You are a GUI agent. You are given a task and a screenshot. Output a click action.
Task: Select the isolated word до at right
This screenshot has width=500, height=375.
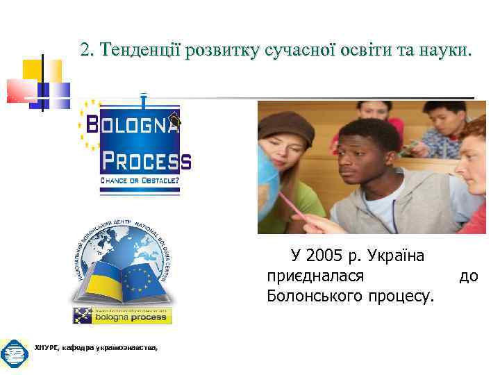pyautogui.click(x=469, y=276)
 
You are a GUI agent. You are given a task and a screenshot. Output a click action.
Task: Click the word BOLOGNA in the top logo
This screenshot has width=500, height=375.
pyautogui.click(x=132, y=126)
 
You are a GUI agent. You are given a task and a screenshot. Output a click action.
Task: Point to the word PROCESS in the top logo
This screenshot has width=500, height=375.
pyautogui.click(x=146, y=162)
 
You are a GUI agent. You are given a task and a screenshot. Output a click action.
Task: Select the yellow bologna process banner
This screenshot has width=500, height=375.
pyautogui.click(x=123, y=316)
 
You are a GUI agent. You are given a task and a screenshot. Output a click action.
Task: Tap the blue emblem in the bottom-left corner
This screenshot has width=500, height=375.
pyautogui.click(x=14, y=354)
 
